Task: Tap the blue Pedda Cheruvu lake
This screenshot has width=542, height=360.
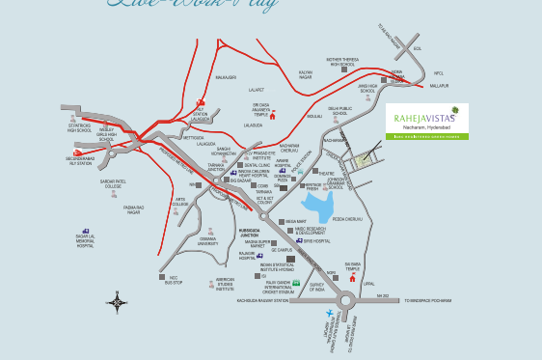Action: (x=317, y=204)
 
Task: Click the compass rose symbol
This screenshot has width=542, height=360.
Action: (x=118, y=303)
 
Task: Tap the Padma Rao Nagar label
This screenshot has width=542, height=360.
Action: (x=134, y=208)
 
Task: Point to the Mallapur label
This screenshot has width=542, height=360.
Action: (x=440, y=85)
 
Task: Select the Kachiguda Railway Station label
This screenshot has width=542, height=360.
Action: (x=263, y=300)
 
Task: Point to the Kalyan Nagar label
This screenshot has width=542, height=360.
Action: (x=306, y=73)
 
